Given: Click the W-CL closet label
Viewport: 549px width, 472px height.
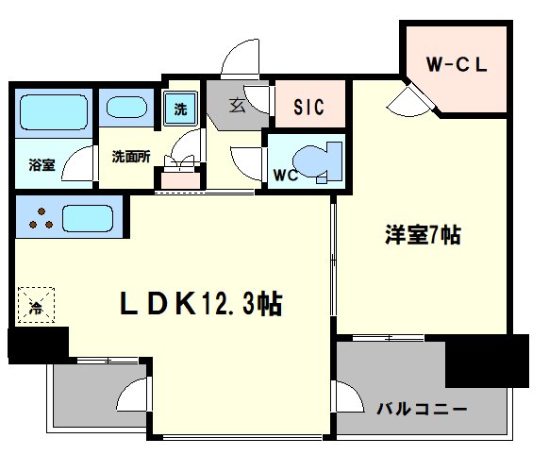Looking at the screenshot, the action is click(x=457, y=64).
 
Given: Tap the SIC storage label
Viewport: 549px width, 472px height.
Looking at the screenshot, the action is click(x=308, y=107).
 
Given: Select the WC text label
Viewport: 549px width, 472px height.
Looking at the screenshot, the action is click(x=286, y=176).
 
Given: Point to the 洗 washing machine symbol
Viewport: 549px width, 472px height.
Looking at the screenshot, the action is click(x=181, y=109).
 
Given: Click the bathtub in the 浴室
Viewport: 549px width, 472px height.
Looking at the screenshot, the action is click(x=54, y=112).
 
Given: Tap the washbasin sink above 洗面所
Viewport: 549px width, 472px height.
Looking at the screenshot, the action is click(x=126, y=108).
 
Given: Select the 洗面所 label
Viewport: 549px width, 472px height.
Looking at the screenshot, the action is click(x=131, y=157).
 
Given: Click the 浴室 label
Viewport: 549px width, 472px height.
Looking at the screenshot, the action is click(x=42, y=164).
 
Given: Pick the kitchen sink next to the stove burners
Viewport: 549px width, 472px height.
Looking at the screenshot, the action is click(x=88, y=218).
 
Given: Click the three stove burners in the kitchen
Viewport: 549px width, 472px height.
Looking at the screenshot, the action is click(x=41, y=218).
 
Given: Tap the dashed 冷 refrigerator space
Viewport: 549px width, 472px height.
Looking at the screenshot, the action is click(x=36, y=305).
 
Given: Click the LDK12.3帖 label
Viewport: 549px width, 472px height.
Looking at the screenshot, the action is click(x=201, y=304).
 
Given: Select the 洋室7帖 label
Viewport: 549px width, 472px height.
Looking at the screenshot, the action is click(x=423, y=235).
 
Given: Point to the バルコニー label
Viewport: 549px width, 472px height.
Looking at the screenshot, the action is click(x=422, y=409).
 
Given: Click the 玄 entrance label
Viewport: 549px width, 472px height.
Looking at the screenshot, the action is click(x=237, y=106).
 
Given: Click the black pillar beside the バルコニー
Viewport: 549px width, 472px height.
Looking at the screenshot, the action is click(x=487, y=361).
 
